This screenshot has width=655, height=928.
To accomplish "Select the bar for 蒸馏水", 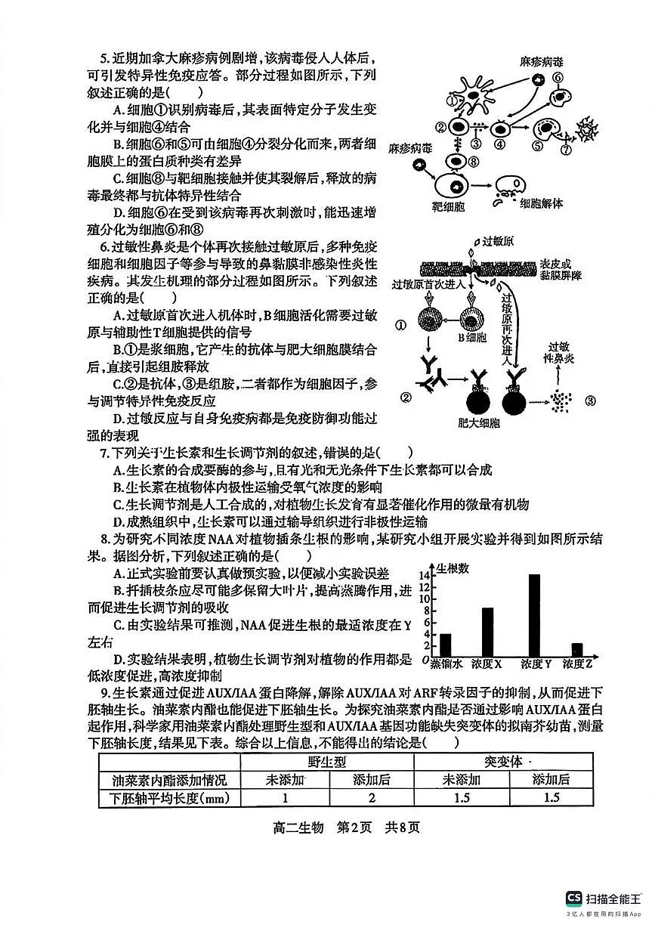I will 445,645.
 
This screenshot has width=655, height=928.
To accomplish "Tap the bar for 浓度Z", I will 577,649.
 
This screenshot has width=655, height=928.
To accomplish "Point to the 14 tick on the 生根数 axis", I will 424,576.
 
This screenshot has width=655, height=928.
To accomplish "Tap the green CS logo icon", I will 574,899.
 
